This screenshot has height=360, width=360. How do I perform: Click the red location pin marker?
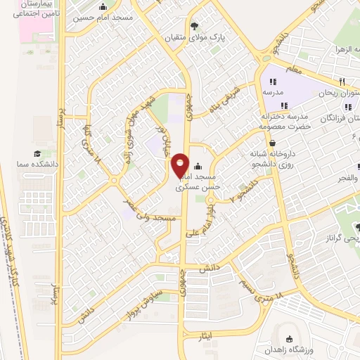(x=180, y=165)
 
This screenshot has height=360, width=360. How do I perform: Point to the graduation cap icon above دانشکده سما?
(x=37, y=153)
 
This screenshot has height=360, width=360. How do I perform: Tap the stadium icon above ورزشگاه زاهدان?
(x=290, y=338)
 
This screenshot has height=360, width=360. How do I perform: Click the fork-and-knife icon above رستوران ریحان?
(x=341, y=81)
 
